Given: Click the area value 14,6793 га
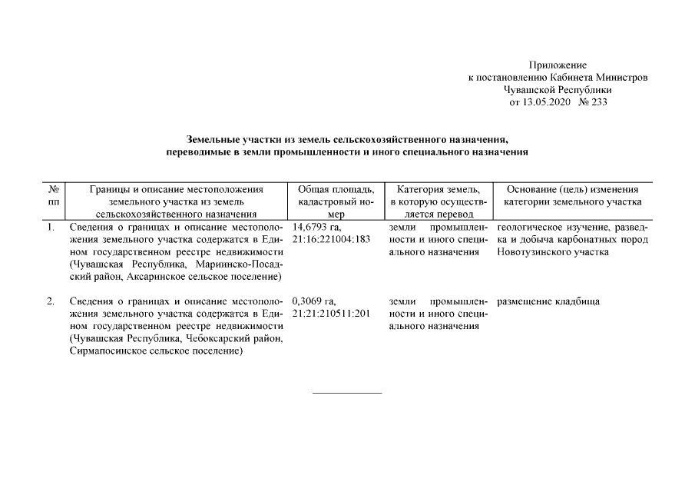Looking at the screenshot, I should [x=316, y=228].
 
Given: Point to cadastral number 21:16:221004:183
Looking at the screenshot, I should [x=331, y=240].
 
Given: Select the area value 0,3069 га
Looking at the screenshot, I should [x=314, y=301].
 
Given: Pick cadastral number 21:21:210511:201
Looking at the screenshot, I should [x=331, y=314].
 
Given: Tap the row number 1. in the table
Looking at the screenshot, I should [x=51, y=228].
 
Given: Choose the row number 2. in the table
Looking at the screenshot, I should [x=51, y=301].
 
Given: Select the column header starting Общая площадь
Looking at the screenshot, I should [x=335, y=190].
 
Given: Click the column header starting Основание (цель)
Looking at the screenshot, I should [x=573, y=190].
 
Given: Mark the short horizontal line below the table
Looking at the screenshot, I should [x=347, y=393].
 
